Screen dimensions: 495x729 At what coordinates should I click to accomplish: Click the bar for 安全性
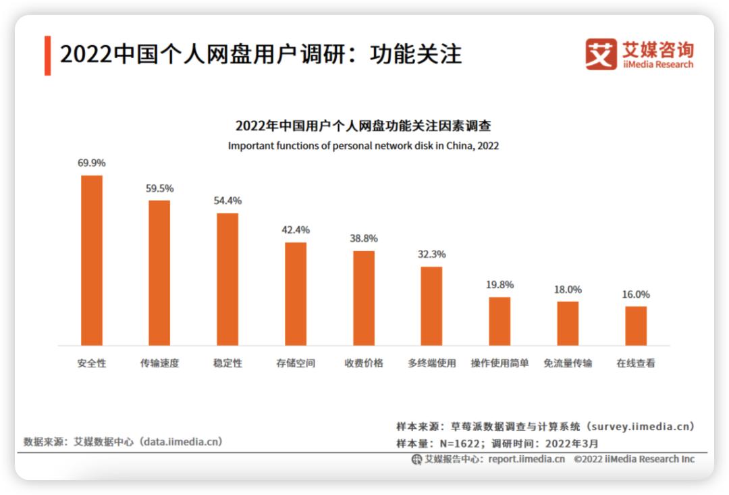pos(92,260)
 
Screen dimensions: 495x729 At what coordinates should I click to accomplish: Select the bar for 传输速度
pos(159,272)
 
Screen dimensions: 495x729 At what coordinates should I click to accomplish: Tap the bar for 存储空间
pos(296,293)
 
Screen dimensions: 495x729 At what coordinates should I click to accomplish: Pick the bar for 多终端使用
pos(431,305)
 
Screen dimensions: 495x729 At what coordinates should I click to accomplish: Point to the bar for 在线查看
pos(636,325)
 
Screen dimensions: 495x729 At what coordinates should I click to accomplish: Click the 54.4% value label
pos(227,201)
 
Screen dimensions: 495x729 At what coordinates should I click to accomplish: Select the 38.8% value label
pos(364,238)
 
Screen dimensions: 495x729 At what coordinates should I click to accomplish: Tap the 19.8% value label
pos(500,284)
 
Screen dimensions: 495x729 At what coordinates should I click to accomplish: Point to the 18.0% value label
pos(568,289)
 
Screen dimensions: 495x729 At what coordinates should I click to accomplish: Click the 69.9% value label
pos(92,163)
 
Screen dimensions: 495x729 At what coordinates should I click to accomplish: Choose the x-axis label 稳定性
pos(227,363)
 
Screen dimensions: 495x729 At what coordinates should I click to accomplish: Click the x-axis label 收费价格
pos(364,363)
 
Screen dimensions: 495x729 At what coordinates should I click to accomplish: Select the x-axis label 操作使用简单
pos(500,363)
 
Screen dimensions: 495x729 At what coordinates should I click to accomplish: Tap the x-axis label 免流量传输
pos(568,363)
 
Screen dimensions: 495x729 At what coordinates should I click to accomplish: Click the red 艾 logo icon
pos(601,54)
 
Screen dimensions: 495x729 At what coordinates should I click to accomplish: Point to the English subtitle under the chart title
pos(363,145)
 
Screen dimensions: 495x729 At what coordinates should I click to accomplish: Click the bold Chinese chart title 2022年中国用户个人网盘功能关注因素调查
pos(363,126)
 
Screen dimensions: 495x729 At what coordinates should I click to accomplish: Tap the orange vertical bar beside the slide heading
pos(48,55)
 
